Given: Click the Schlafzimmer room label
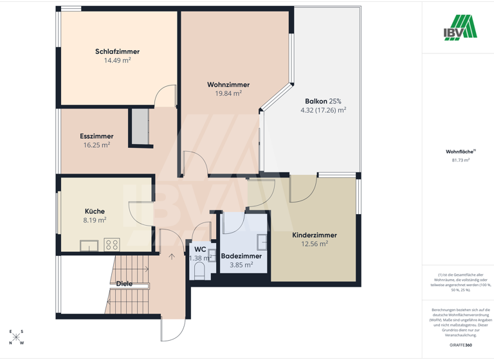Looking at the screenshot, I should point(117,51).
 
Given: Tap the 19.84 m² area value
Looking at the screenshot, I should point(228,93).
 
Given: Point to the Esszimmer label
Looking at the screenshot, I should point(96,136).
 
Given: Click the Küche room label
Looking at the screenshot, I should point(95,211).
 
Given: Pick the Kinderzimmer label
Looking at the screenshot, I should point(314,235).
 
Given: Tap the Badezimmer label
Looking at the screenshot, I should point(241,256).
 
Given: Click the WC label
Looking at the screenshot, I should point(200,249).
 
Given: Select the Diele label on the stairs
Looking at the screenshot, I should point(125,283).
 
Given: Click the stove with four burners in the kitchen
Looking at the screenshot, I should point(111,244).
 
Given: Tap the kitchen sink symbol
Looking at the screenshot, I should point(89,244).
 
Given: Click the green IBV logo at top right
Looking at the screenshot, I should point(459,27).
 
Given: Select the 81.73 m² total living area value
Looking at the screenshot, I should point(461,160).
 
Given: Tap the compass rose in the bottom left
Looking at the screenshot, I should point(17,337).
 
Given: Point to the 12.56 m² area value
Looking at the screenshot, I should point(315,244).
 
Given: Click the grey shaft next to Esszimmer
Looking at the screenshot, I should point(140,127).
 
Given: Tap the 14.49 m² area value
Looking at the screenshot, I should point(117,60).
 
